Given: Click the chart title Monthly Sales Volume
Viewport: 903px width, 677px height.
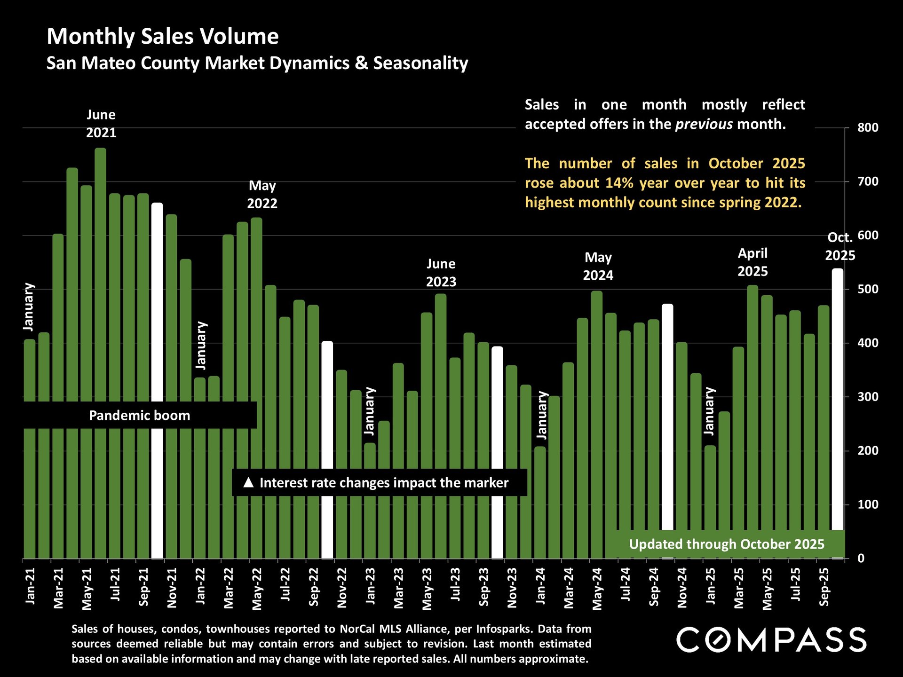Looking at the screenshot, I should [163, 37].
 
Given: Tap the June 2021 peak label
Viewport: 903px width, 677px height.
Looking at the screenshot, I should [101, 124].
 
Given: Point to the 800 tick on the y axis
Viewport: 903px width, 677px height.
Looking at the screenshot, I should [868, 127].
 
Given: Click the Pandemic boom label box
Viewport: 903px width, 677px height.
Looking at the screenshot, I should [140, 416].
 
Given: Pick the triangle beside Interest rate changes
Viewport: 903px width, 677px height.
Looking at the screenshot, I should [248, 482].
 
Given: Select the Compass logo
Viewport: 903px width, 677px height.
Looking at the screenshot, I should [771, 640].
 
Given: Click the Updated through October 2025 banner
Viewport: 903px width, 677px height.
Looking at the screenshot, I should [726, 544].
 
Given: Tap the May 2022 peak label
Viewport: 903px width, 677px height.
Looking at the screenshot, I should [262, 195].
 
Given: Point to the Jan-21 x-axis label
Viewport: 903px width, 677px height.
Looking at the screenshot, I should [30, 586].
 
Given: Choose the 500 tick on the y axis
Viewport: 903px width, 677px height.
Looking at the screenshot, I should [868, 289].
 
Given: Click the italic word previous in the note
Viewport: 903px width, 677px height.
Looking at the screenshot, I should [704, 124].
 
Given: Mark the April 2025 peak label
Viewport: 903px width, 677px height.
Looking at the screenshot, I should [752, 262].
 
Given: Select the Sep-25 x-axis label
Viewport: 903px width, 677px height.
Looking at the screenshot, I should [824, 587].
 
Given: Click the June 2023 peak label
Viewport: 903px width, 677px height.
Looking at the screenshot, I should [441, 273].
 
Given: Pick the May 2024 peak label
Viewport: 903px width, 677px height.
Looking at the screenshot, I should [598, 266].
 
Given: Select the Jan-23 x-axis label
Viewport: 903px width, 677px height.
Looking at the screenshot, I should [371, 586].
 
